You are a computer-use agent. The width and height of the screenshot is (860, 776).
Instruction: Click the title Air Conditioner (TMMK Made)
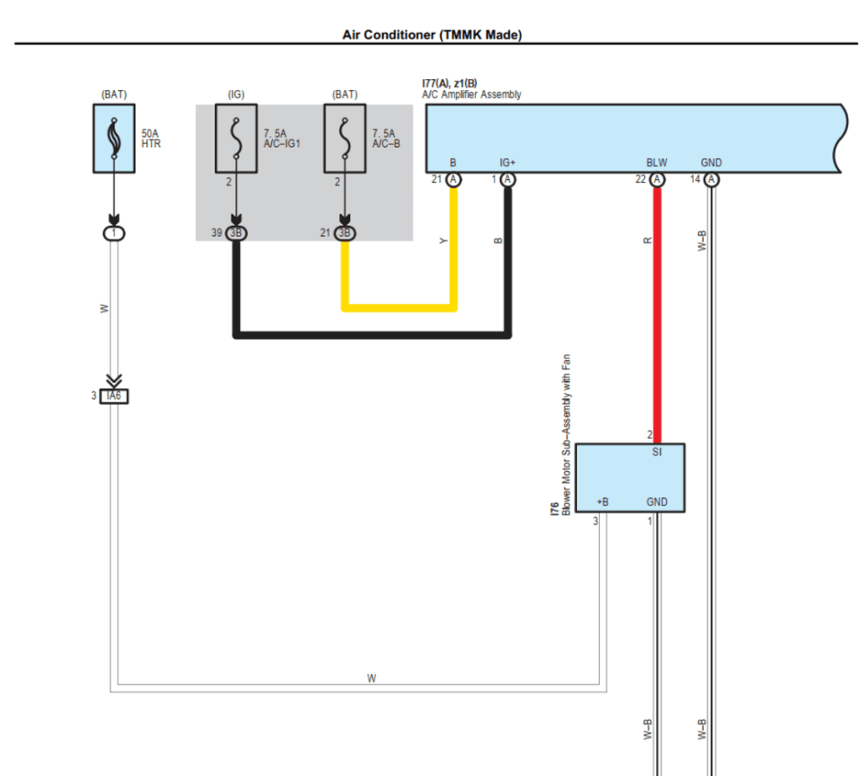[x=432, y=34]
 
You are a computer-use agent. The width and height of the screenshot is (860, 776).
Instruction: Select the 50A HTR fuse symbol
[x=113, y=139]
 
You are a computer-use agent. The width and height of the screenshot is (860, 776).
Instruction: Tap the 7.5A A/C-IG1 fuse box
[x=236, y=139]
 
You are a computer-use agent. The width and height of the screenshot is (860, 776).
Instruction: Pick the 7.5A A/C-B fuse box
[x=344, y=139]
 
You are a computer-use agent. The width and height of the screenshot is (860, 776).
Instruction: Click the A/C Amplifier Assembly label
[x=471, y=95]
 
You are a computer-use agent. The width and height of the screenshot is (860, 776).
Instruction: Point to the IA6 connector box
[x=114, y=396]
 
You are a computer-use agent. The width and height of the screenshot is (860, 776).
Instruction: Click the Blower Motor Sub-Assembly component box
[x=630, y=478]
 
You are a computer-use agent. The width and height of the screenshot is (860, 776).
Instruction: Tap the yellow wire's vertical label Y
[x=444, y=241]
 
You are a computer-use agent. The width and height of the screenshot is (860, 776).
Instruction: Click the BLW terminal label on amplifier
[x=657, y=163]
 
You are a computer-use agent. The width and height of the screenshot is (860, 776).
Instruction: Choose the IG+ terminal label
[x=507, y=163]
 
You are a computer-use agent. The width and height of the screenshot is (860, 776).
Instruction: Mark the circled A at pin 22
[x=657, y=180]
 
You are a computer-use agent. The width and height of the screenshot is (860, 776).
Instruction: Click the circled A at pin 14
[x=711, y=180]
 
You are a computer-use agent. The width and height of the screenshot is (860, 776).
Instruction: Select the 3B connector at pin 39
[x=236, y=233]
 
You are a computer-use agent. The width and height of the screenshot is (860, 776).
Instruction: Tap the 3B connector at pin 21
[x=344, y=233]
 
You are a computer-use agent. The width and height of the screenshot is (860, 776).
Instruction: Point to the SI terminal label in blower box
[x=657, y=452]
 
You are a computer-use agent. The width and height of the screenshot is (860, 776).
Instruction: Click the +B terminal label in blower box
[x=602, y=502]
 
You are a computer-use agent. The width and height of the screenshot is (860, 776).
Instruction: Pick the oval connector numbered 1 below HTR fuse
[x=113, y=233]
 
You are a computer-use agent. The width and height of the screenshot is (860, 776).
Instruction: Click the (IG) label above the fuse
[x=236, y=94]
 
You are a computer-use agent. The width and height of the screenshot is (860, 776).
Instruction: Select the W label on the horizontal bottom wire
[x=371, y=678]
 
